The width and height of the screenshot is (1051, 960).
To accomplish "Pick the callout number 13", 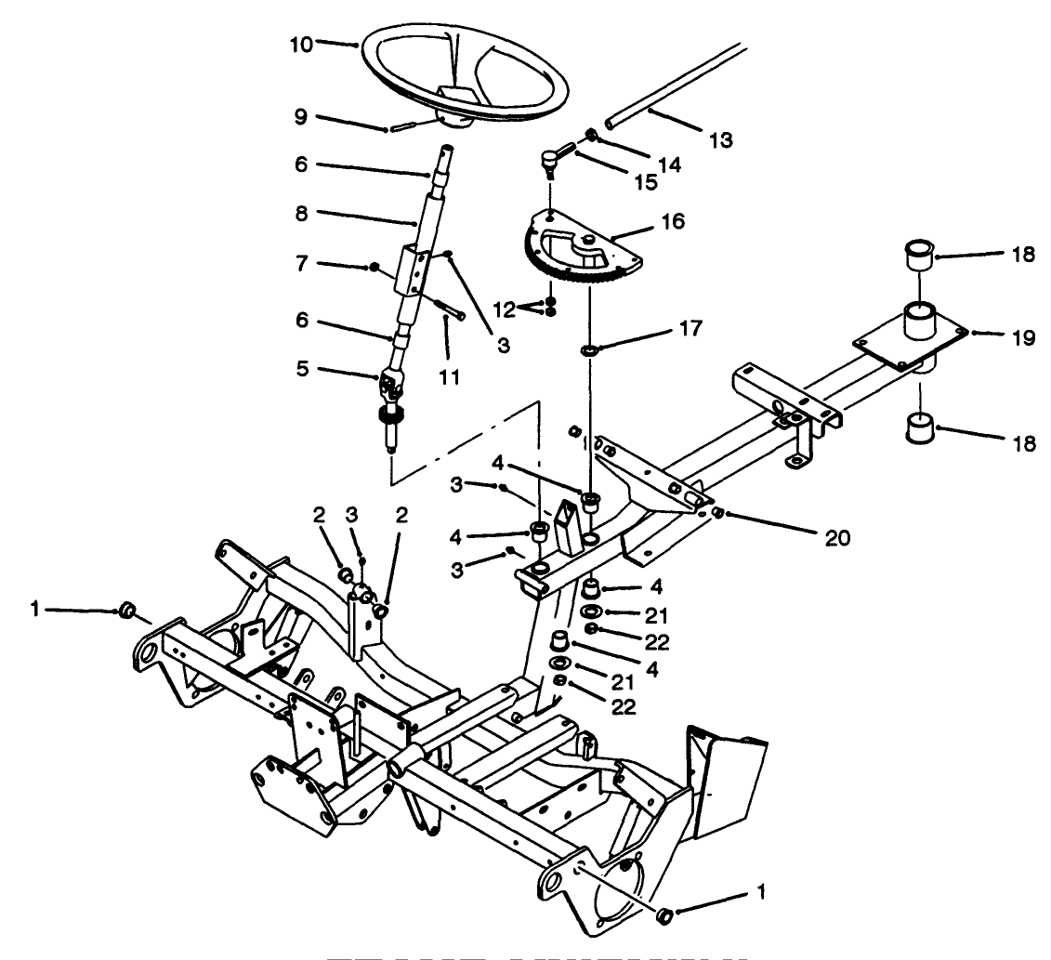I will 719,140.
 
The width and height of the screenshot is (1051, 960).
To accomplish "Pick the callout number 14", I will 669,164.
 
